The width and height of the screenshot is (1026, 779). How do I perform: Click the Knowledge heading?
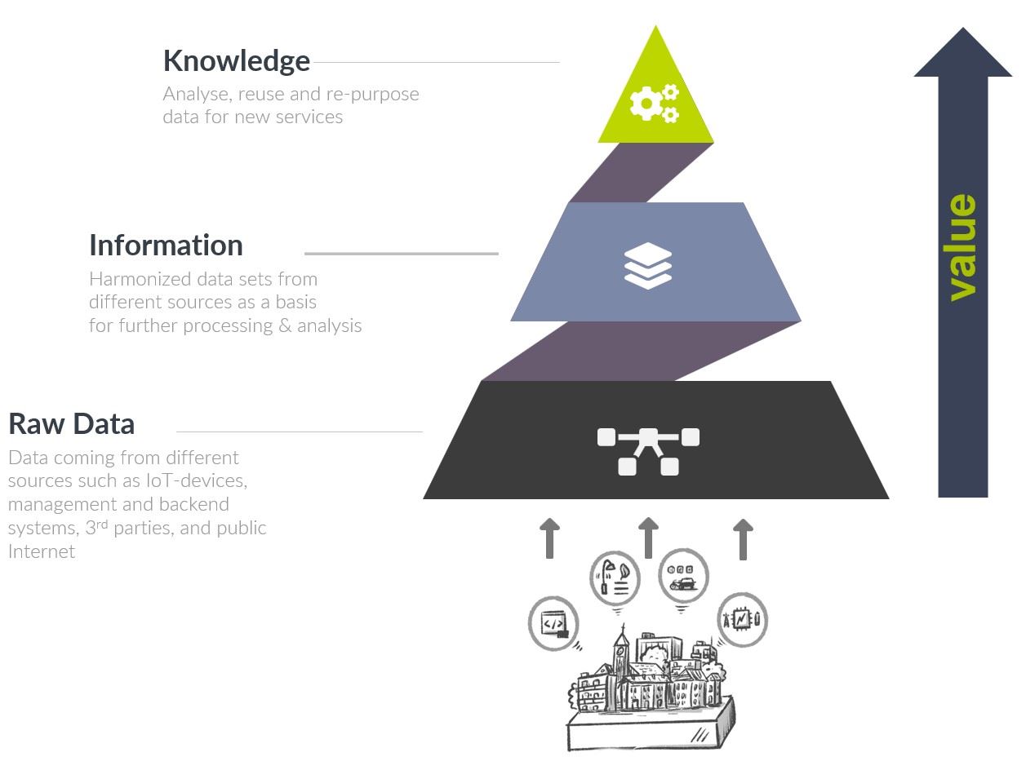pyautogui.click(x=236, y=61)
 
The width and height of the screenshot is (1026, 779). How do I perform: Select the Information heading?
pyautogui.click(x=166, y=246)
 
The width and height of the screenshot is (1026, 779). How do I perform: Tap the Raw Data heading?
pyautogui.click(x=71, y=424)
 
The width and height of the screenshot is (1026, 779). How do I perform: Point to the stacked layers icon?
pyautogui.click(x=647, y=265)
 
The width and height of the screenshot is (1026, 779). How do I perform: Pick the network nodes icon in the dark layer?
pyautogui.click(x=648, y=450)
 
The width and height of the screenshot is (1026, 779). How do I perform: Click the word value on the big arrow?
pyautogui.click(x=963, y=247)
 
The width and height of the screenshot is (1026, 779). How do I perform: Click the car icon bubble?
pyautogui.click(x=682, y=576)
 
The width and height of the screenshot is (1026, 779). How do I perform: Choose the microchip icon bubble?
pyautogui.click(x=741, y=621)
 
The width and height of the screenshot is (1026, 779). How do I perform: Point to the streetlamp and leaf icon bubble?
pyautogui.click(x=614, y=577)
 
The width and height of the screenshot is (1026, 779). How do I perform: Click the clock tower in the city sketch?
pyautogui.click(x=620, y=653)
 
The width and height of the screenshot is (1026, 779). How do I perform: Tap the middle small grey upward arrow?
pyautogui.click(x=648, y=538)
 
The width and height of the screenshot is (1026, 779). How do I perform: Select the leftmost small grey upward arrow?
pyautogui.click(x=550, y=538)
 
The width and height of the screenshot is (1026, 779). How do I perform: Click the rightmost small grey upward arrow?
pyautogui.click(x=743, y=538)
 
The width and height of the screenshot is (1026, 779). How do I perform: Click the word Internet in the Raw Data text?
pyautogui.click(x=42, y=551)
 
